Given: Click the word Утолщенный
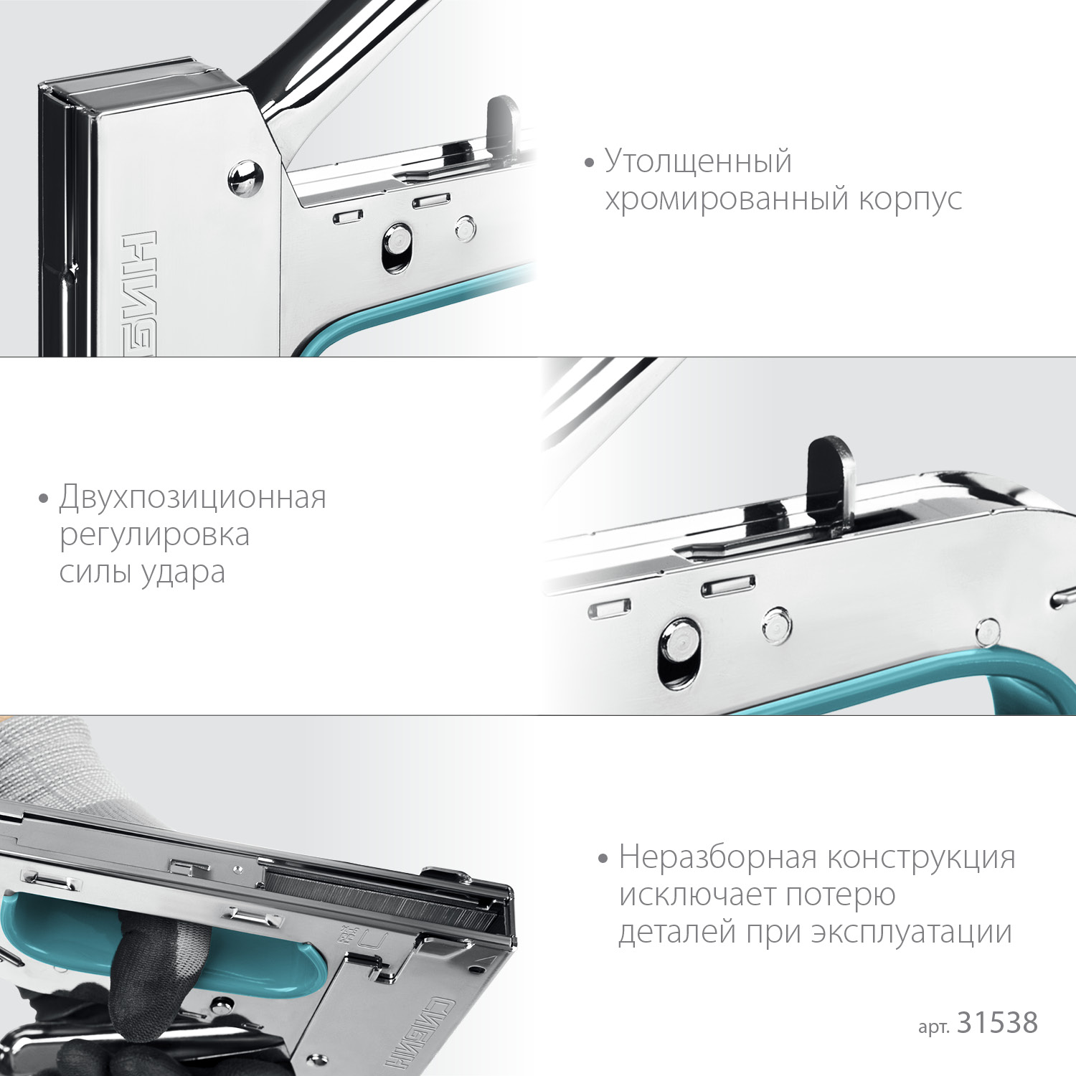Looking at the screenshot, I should coord(698,161).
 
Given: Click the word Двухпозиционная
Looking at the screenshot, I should coord(192,497).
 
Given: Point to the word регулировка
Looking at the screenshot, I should coord(154,535).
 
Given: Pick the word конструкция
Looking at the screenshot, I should coord(921,857).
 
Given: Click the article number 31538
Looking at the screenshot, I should coord(997,1023).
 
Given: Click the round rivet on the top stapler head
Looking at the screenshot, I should coord(245,178).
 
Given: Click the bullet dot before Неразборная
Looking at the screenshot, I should coord(603,858).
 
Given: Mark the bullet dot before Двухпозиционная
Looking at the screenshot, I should coord(44,498).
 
